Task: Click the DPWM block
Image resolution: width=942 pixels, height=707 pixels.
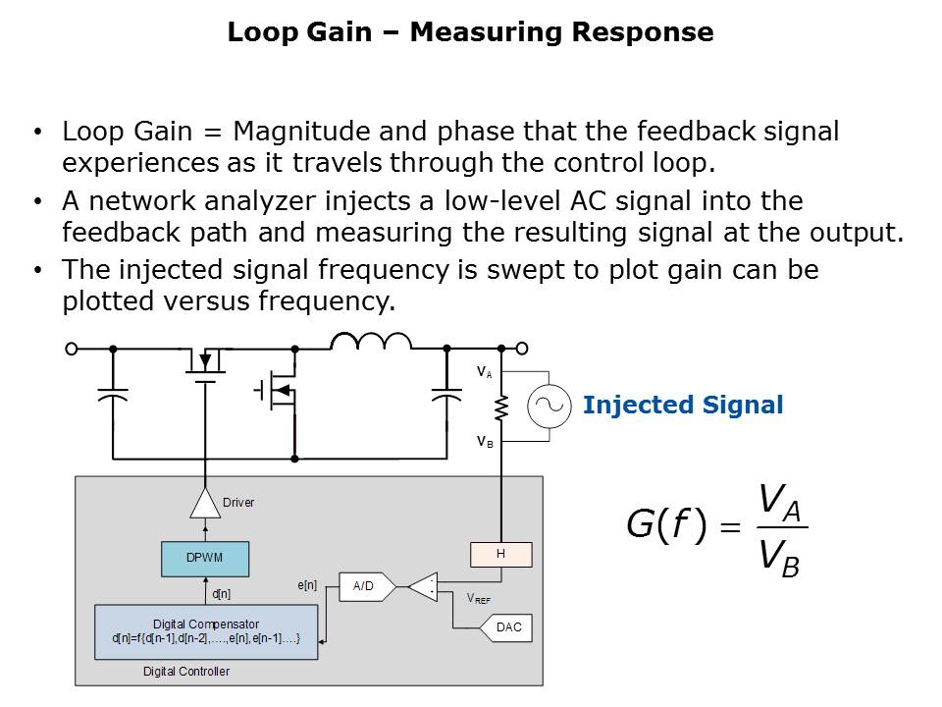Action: point(205,557)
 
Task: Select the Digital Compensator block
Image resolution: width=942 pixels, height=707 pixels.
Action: point(206,630)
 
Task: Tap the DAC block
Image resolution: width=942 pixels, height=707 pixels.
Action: point(508,627)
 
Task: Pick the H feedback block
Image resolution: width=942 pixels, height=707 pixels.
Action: point(500,554)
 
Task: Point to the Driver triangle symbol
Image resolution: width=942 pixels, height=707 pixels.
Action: point(205,504)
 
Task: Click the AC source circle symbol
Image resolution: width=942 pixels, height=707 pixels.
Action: point(549,406)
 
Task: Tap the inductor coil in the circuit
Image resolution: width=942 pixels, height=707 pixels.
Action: point(371,341)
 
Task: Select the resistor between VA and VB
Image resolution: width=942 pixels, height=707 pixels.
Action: point(500,406)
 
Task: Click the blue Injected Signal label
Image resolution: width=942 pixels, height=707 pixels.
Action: point(682,406)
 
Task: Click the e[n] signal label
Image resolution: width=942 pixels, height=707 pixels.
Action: point(307,585)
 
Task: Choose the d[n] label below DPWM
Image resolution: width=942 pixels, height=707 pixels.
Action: point(221,593)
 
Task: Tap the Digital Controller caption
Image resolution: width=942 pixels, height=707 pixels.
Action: point(186,672)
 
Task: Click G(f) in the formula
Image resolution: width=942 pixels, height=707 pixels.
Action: point(666,525)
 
